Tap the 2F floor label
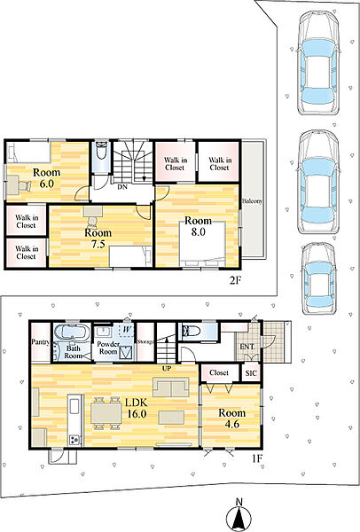(236, 280)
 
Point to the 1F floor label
(257, 458)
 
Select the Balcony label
(253, 201)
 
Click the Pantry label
(41, 341)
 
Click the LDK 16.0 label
(137, 408)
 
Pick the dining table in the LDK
(106, 413)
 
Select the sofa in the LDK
(170, 387)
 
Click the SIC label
(251, 373)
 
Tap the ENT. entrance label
(247, 347)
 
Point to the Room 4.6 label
(231, 418)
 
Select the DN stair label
(122, 186)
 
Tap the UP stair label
(167, 369)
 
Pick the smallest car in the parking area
(319, 278)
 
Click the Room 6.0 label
(46, 178)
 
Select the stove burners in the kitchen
(75, 440)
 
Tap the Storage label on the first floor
(146, 341)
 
